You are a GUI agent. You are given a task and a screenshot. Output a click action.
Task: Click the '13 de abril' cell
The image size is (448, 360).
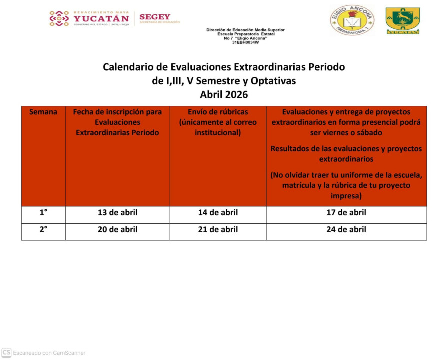tap(117, 213)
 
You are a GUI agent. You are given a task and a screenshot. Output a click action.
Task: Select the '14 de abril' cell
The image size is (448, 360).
tap(218, 213)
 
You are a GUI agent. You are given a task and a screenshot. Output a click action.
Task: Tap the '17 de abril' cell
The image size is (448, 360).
tap(346, 213)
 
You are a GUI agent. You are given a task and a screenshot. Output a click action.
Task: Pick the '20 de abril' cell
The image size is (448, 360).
tap(117, 230)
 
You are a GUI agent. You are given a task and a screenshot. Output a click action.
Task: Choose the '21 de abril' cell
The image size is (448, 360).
tap(218, 230)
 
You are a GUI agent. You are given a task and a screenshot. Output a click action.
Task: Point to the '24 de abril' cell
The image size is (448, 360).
tap(346, 230)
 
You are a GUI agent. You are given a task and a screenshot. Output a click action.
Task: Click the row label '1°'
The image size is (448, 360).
tap(43, 213)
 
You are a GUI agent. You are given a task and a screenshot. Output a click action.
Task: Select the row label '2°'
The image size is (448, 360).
tap(43, 230)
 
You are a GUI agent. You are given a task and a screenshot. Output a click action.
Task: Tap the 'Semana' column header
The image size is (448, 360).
tap(43, 112)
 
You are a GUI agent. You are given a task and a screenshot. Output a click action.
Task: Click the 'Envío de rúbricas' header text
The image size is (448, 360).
tap(218, 112)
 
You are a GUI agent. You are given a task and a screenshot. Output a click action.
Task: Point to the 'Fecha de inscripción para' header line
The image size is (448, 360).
tap(117, 112)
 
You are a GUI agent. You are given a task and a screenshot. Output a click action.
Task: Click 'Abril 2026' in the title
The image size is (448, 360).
tap(224, 94)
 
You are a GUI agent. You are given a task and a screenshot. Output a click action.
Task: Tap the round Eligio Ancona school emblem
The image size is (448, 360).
tap(352, 20)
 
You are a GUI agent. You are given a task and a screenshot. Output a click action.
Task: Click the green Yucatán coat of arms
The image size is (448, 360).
tap(402, 20)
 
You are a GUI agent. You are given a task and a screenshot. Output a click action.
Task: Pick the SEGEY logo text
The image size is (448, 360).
tap(155, 17)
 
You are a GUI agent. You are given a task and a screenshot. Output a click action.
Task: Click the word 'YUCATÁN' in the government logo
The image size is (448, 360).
tap(101, 19)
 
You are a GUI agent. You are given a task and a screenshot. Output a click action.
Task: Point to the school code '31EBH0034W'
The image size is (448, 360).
tap(245, 42)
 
